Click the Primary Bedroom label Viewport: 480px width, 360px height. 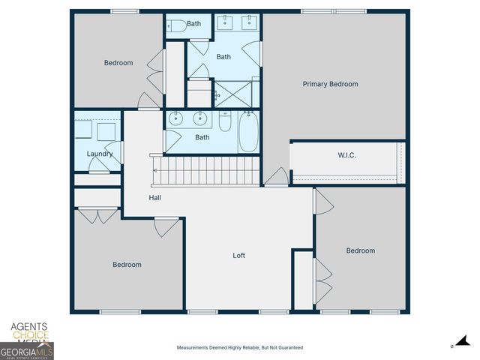click(330, 84)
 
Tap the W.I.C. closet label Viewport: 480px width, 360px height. click(346, 156)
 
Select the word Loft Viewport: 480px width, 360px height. click(238, 256)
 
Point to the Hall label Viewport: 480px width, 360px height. click(154, 198)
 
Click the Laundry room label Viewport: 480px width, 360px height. click(100, 154)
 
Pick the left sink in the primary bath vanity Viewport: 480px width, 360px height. click(225, 23)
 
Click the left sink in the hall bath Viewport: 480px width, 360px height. click(176, 118)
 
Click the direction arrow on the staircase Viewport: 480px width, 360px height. click(156, 169)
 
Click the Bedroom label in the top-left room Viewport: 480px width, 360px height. click(118, 63)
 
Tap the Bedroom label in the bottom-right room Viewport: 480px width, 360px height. click(360, 250)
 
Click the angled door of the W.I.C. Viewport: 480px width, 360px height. click(276, 177)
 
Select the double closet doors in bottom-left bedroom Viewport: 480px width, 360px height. click(97, 216)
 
